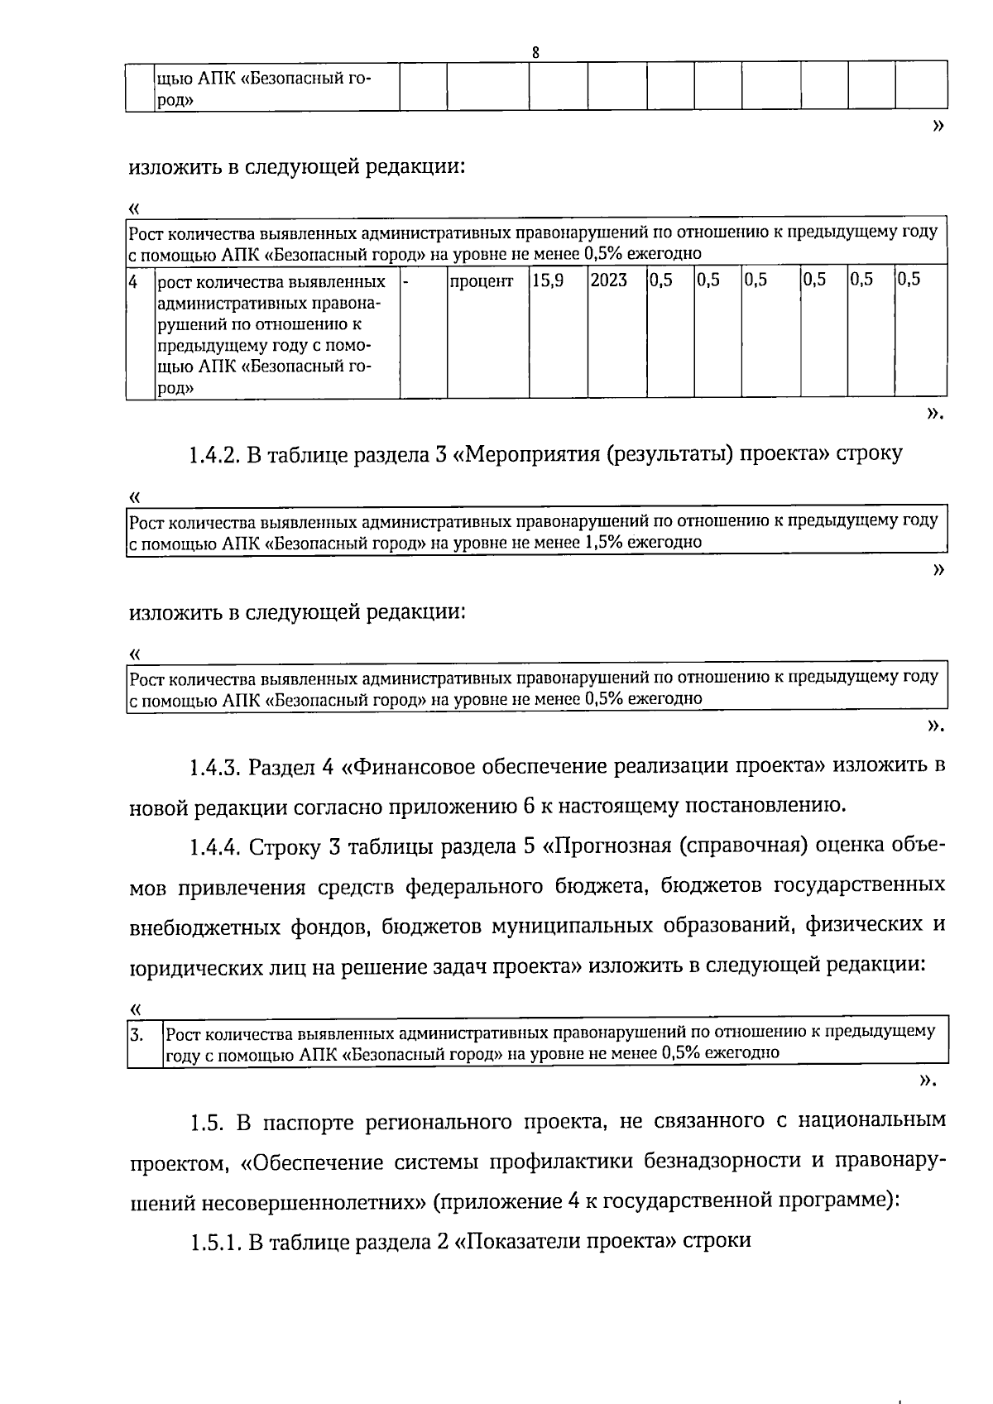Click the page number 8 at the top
pyautogui.click(x=536, y=52)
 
